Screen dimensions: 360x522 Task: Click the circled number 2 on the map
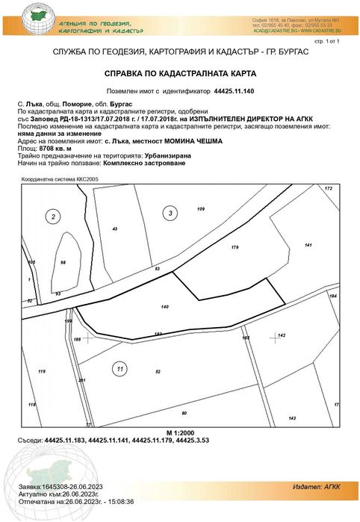(x=53, y=217)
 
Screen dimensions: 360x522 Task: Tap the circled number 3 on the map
(x=171, y=214)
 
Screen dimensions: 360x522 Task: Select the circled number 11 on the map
(x=119, y=367)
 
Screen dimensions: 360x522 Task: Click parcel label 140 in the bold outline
(x=165, y=307)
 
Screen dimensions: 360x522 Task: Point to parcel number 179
(x=235, y=246)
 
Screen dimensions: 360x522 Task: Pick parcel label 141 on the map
(x=308, y=245)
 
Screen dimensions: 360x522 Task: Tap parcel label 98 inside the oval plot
(x=63, y=262)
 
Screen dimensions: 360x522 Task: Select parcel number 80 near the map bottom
(x=184, y=412)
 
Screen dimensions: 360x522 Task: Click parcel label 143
(x=292, y=417)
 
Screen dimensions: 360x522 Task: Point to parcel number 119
(x=42, y=371)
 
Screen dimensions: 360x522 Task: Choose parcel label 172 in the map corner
(x=327, y=188)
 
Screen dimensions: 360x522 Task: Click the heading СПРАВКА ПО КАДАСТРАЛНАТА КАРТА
(x=180, y=75)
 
